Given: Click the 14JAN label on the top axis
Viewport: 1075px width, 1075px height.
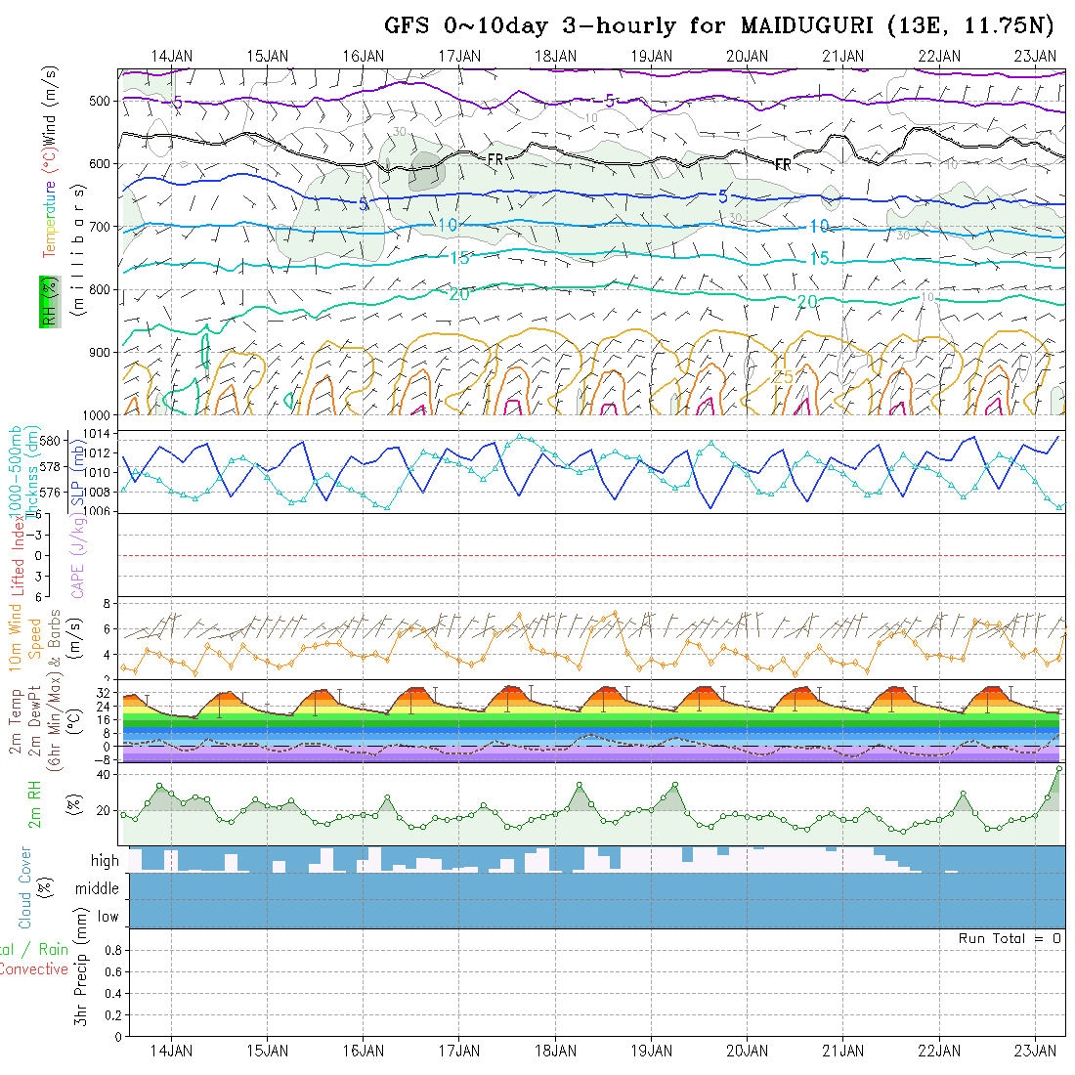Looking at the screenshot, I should point(172,56).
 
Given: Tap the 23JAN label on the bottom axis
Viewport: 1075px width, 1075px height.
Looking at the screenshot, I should point(1036,1051).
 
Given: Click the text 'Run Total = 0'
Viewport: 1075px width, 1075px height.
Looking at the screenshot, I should point(1010,938).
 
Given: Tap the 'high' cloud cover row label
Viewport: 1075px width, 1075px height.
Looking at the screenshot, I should point(105,861).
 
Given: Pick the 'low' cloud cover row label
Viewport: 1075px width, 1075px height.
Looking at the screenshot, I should point(107,917).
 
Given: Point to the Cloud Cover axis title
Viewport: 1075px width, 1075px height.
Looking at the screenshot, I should point(25,887).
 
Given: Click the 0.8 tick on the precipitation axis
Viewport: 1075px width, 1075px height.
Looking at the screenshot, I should point(111,950).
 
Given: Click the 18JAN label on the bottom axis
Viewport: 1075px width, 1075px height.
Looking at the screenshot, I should point(555,1051).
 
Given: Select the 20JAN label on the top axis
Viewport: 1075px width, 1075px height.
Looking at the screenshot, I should point(748,56).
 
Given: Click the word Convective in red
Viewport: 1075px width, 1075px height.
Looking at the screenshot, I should point(33,969).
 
